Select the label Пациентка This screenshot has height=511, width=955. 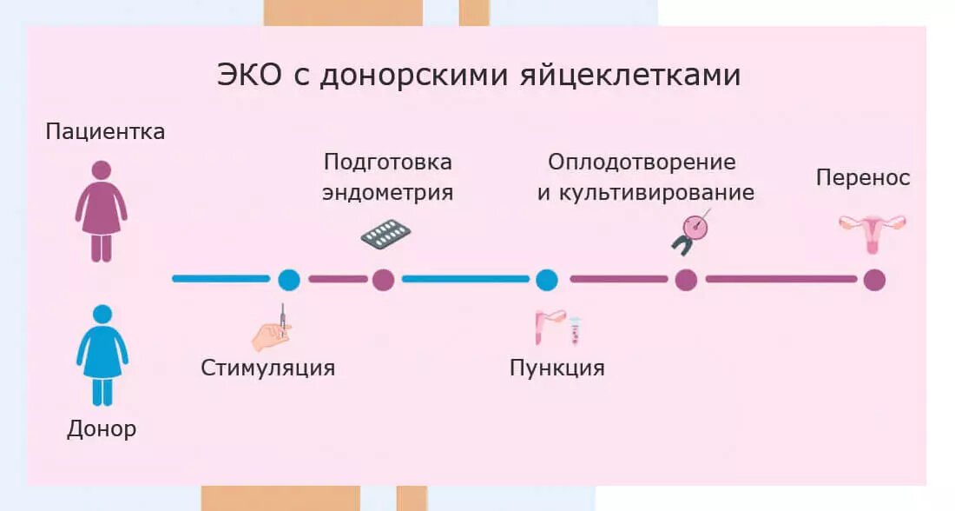105,132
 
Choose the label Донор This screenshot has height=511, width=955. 102,428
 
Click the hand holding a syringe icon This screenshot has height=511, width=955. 272,328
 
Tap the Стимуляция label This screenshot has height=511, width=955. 267,368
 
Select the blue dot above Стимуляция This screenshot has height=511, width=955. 289,279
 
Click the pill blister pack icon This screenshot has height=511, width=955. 385,234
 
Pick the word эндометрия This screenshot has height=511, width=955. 387,192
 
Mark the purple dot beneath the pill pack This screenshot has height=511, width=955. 384,279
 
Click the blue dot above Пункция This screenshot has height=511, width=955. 546,279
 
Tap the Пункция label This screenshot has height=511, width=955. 557,368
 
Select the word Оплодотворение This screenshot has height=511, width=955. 642,163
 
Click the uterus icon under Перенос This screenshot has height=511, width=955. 872,231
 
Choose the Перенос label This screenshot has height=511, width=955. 863,178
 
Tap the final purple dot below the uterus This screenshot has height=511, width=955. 873,279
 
